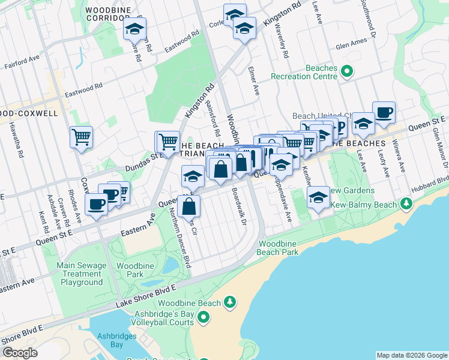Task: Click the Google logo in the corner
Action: (x=20, y=352)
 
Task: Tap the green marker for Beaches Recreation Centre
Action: (x=346, y=72)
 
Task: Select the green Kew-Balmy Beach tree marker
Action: (x=407, y=205)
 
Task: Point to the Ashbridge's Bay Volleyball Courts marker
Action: (x=203, y=316)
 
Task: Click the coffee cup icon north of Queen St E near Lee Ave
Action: (x=384, y=112)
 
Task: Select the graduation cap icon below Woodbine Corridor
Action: (x=134, y=28)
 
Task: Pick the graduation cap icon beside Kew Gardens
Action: (x=318, y=197)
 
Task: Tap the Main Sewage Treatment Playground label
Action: (x=81, y=274)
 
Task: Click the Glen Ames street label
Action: (x=351, y=45)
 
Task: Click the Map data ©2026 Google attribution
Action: (x=412, y=355)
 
